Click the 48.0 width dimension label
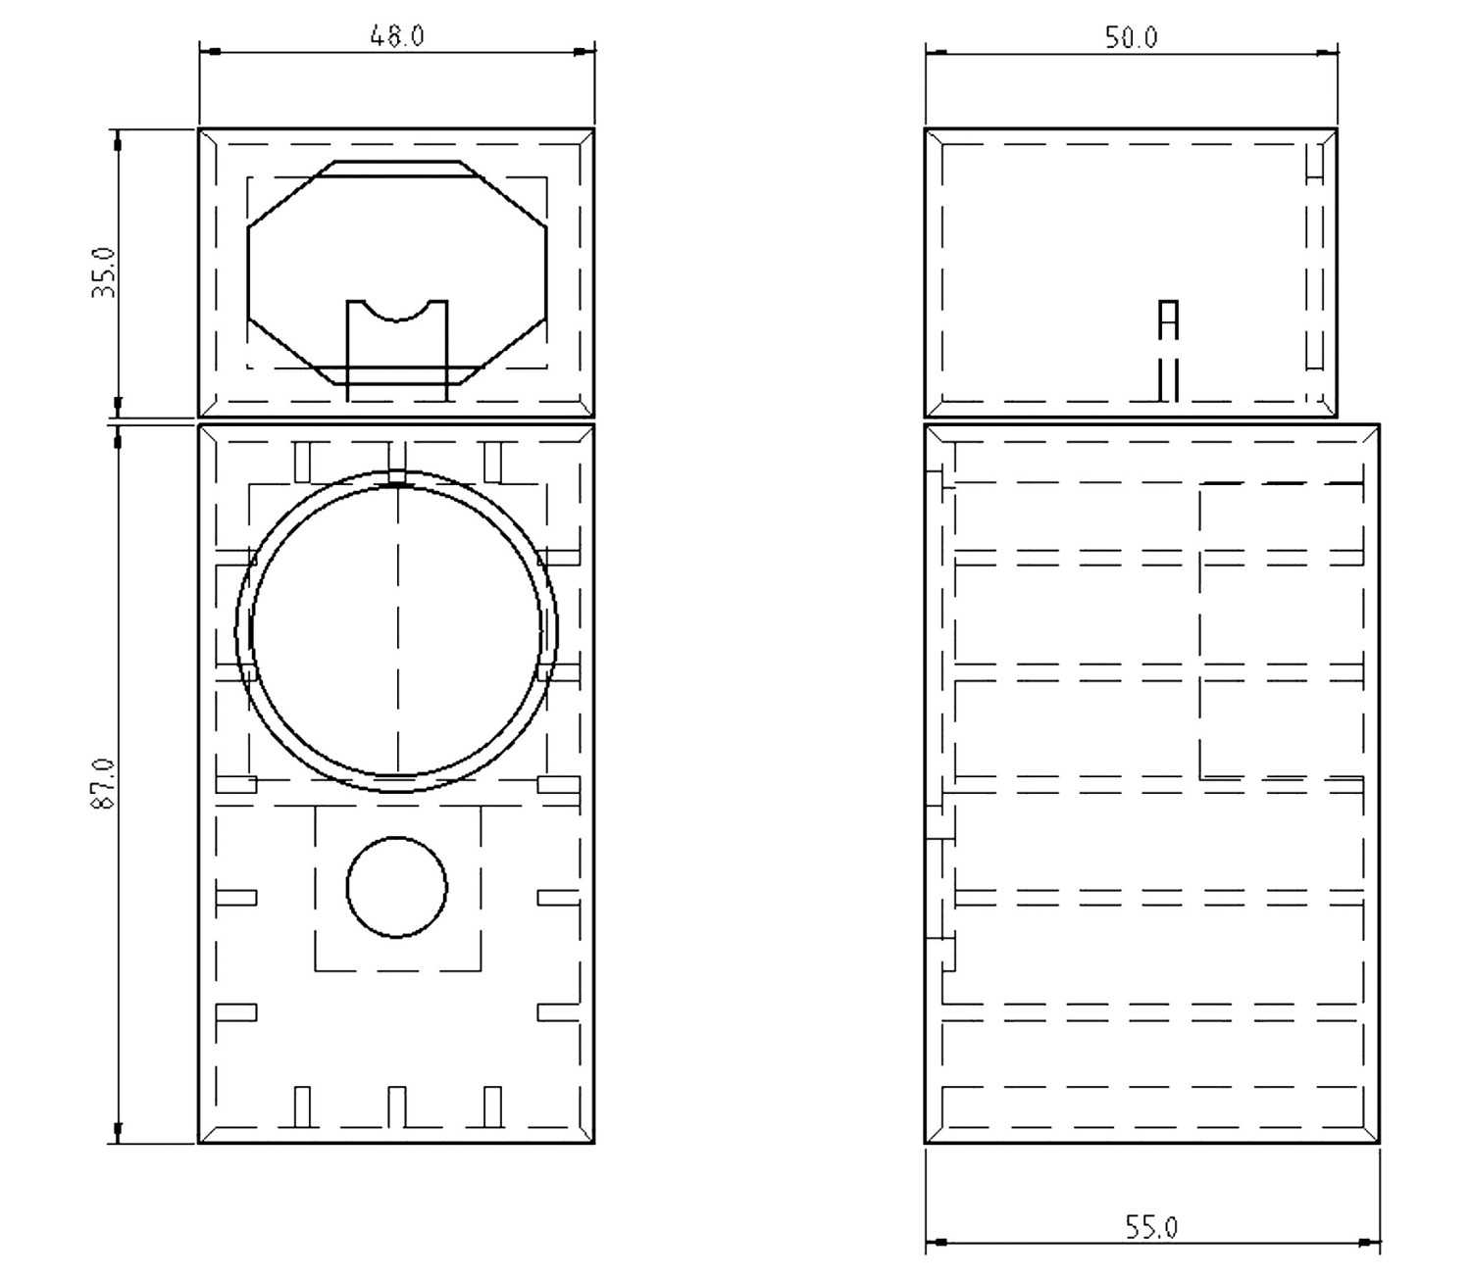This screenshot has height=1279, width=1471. pyautogui.click(x=396, y=36)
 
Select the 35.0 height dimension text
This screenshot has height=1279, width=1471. pyautogui.click(x=105, y=272)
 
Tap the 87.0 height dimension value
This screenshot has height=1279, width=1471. pyautogui.click(x=104, y=783)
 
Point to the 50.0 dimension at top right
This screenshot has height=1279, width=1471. pyautogui.click(x=1131, y=38)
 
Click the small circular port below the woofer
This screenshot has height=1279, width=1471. pyautogui.click(x=396, y=887)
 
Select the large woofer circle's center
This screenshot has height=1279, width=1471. pyautogui.click(x=396, y=632)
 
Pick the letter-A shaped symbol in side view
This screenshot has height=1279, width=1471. pyautogui.click(x=1167, y=320)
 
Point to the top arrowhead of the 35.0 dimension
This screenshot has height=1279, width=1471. pyautogui.click(x=118, y=142)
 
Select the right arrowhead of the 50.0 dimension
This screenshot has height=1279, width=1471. pyautogui.click(x=1326, y=52)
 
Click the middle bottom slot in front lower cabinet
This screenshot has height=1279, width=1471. pyautogui.click(x=396, y=1107)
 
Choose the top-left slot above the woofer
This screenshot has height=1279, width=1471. pyautogui.click(x=303, y=462)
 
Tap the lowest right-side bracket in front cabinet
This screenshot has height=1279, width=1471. pyautogui.click(x=558, y=1012)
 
